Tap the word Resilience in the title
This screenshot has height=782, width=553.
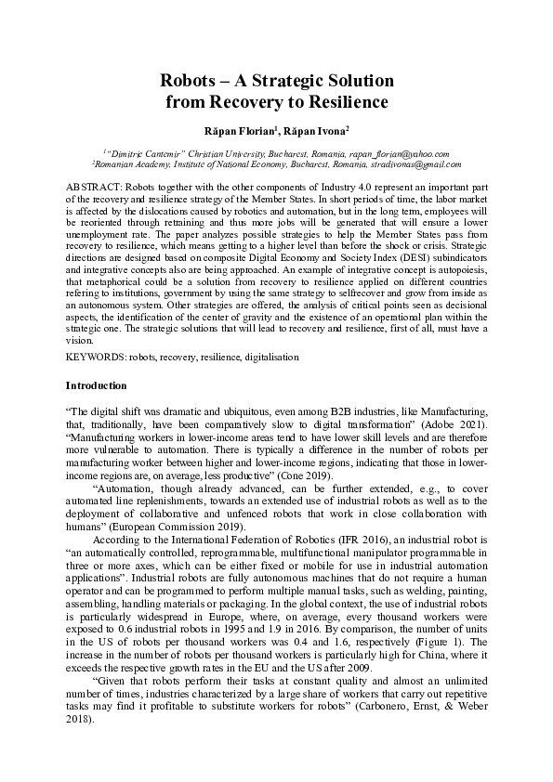pyautogui.click(x=342, y=102)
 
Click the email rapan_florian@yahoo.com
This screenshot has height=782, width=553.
pyautogui.click(x=400, y=154)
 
